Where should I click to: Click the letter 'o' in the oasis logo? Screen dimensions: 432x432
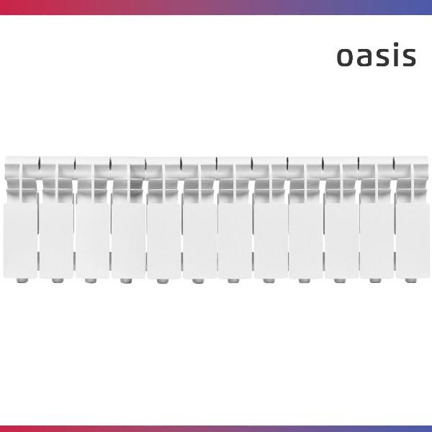pyautogui.click(x=346, y=57)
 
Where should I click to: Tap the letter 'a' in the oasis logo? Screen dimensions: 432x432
pyautogui.click(x=365, y=57)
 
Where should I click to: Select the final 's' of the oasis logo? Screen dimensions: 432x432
pyautogui.click(x=408, y=57)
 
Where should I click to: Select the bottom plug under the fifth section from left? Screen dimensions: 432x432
pyautogui.click(x=163, y=279)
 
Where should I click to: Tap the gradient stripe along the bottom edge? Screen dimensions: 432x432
pyautogui.click(x=216, y=428)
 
